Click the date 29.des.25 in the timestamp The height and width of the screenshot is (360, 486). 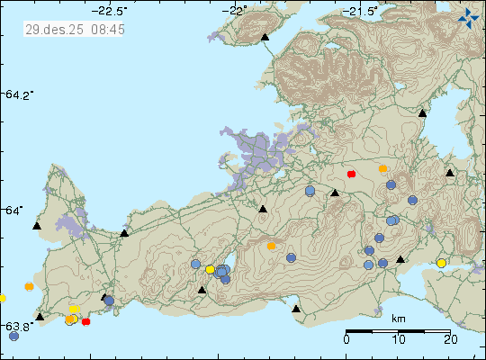[x=49, y=30]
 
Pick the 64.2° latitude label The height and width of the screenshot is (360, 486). [x=19, y=94]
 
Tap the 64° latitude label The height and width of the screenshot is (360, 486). [x=14, y=210]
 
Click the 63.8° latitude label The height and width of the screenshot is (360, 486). [x=19, y=326]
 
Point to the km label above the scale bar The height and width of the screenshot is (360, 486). [x=398, y=319]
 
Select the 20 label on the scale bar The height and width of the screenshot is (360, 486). [x=450, y=340]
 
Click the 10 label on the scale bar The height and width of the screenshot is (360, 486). [x=399, y=340]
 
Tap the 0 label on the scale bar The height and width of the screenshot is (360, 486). [x=347, y=340]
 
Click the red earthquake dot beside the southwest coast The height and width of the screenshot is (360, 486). [x=85, y=321]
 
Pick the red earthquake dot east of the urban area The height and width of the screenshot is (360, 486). [x=351, y=174]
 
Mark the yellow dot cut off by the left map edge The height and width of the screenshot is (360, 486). [x=2, y=298]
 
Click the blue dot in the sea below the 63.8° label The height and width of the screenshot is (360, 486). [x=13, y=336]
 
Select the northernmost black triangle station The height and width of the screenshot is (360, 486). [x=265, y=38]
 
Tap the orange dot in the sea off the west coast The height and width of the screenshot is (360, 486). [x=30, y=286]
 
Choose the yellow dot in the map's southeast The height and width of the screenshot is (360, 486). [x=441, y=263]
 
